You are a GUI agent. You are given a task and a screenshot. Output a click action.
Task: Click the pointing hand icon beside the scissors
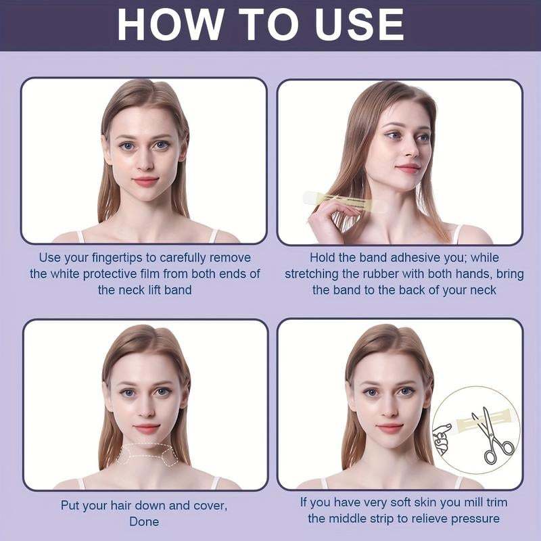(444, 437)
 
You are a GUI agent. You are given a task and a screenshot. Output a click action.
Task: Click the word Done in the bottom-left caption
(144, 521)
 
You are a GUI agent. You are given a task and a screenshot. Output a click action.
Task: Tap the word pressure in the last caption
(477, 519)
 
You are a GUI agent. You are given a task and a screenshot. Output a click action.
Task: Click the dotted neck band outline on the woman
(147, 455)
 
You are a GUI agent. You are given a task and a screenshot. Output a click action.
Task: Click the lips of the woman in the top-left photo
(145, 181)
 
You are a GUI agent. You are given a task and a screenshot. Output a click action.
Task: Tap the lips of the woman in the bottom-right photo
(388, 428)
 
